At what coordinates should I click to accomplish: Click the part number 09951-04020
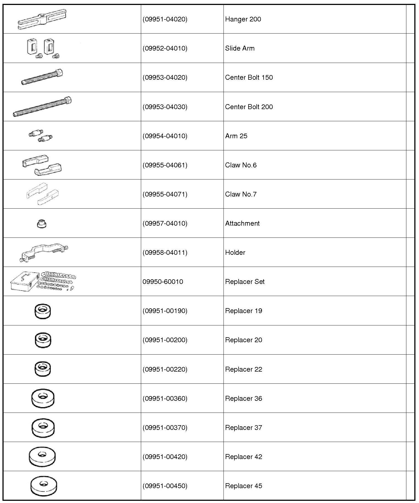(x=165, y=19)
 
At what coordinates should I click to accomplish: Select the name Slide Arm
(x=240, y=48)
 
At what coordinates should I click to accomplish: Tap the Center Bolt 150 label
(x=249, y=78)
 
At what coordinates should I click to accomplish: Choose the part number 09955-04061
(x=165, y=165)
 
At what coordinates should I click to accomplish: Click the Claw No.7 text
(x=241, y=194)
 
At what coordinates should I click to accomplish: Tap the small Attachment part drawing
(x=41, y=224)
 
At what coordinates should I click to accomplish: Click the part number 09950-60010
(x=163, y=282)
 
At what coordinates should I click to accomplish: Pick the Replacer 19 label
(x=244, y=311)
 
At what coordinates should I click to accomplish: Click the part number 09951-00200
(x=165, y=340)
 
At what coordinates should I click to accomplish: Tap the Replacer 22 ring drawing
(x=43, y=369)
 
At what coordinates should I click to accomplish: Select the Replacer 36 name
(x=244, y=399)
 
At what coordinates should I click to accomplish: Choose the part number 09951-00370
(x=165, y=428)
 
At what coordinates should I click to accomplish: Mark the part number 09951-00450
(x=165, y=486)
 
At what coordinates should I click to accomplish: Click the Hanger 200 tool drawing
(x=42, y=19)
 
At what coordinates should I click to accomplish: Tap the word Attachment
(x=242, y=223)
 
